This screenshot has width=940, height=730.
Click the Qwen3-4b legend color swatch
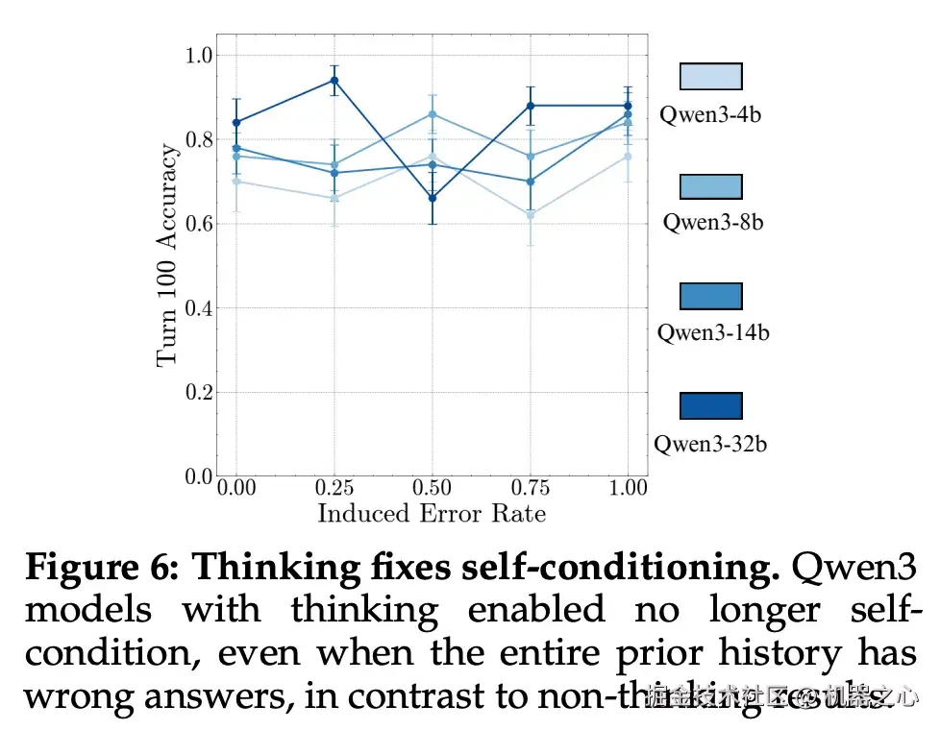[x=710, y=77]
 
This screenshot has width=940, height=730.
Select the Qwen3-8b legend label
[x=712, y=222]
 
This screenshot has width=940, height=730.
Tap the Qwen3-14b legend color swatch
[x=710, y=296]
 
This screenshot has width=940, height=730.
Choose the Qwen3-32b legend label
[x=710, y=444]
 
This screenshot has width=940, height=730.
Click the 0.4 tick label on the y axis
[x=198, y=308]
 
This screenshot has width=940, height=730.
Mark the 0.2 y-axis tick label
[x=198, y=392]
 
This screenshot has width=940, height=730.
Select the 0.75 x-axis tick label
[x=531, y=488]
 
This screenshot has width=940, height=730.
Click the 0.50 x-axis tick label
[x=433, y=488]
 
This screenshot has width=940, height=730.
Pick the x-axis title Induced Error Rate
[x=432, y=513]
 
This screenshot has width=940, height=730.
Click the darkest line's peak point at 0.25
[x=334, y=80]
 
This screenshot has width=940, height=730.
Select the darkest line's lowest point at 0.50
[x=433, y=198]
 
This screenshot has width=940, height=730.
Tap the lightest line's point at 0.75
[x=531, y=215]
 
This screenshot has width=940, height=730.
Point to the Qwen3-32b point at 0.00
[x=236, y=122]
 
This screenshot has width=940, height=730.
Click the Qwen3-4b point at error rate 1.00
[x=628, y=156]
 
